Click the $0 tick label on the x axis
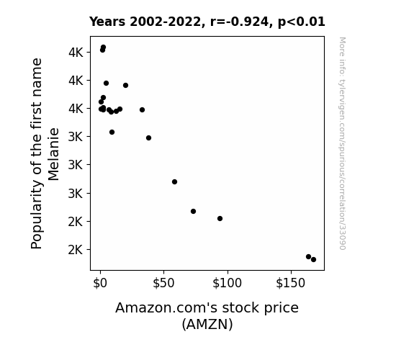[100, 283]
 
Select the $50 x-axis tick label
[163, 283]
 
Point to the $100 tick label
[227, 283]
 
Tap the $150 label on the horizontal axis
[291, 283]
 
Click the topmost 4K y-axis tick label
[76, 53]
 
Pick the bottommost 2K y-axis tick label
[76, 250]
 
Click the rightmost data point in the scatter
[313, 260]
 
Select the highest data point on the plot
[103, 48]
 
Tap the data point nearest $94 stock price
[220, 218]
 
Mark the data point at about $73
[193, 211]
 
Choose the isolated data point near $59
[174, 181]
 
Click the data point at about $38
[148, 138]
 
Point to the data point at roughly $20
[126, 85]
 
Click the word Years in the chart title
[107, 22]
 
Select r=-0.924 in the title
[240, 22]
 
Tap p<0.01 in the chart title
[302, 22]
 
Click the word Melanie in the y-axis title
[53, 155]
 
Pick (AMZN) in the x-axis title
[207, 324]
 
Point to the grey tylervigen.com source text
[342, 143]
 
